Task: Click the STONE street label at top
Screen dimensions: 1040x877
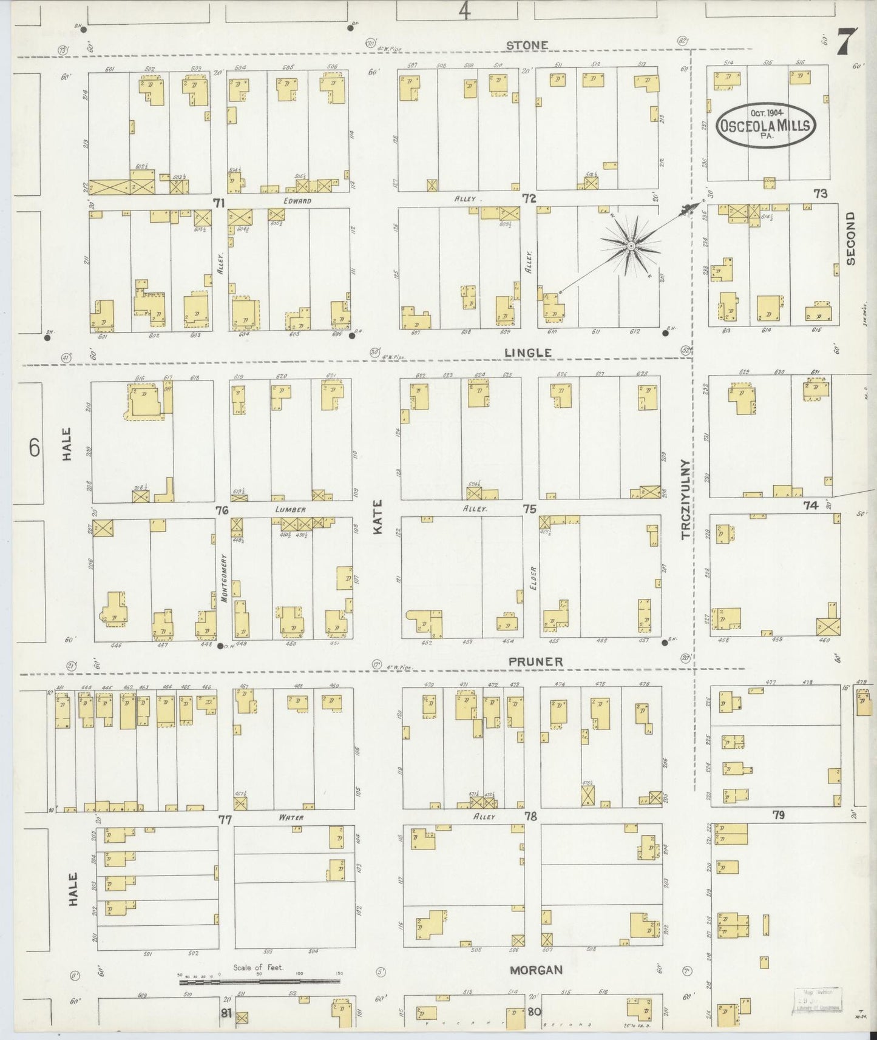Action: point(527,45)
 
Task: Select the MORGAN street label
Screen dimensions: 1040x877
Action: point(537,970)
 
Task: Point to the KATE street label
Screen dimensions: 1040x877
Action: point(378,516)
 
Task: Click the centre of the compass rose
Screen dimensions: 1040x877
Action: point(631,246)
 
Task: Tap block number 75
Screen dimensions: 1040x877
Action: point(530,509)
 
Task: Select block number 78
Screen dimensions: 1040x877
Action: point(531,817)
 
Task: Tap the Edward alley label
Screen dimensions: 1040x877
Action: point(296,201)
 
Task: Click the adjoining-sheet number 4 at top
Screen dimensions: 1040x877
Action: point(464,11)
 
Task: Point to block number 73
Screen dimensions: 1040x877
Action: point(821,194)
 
